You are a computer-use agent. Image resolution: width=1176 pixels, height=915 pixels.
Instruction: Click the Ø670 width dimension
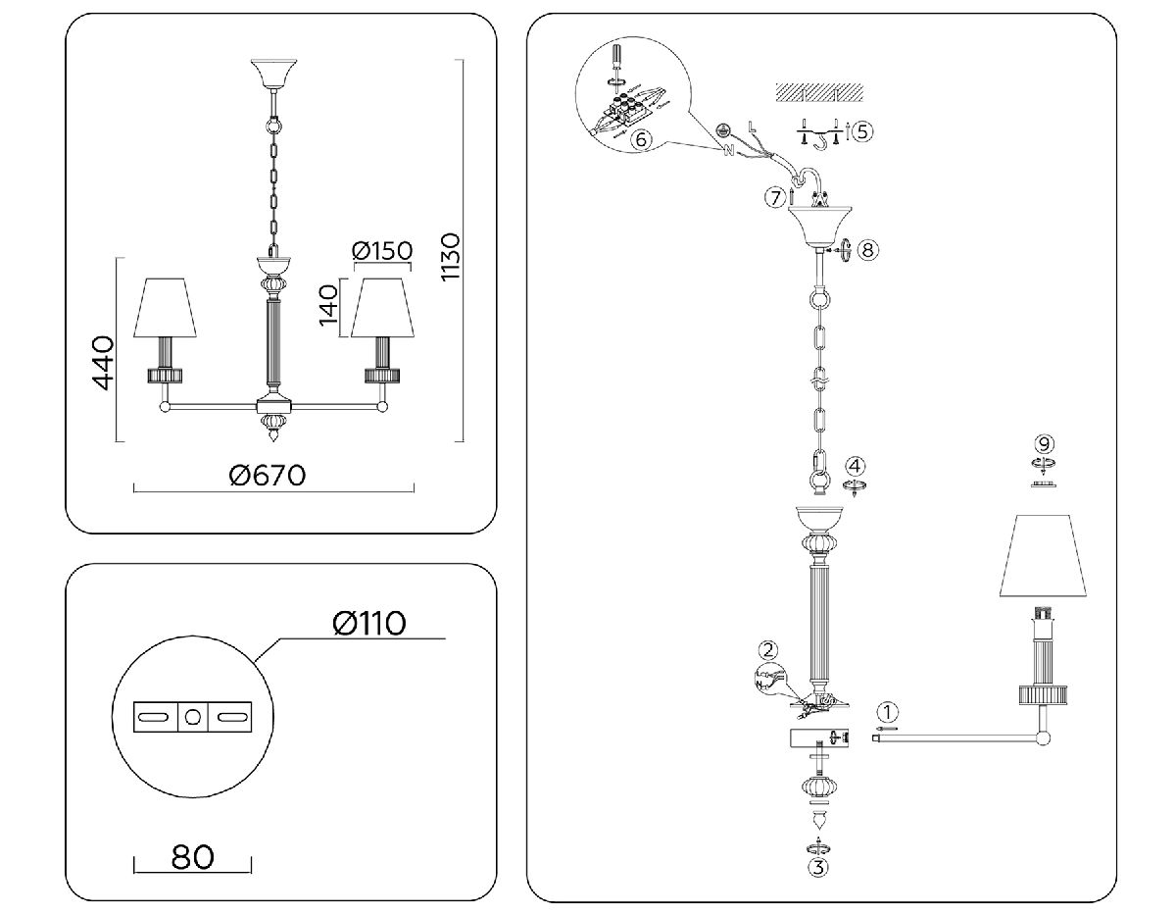click(267, 476)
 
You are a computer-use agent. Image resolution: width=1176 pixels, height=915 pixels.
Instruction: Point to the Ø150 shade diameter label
click(382, 251)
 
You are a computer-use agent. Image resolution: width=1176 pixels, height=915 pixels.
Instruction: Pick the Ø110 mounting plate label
click(368, 623)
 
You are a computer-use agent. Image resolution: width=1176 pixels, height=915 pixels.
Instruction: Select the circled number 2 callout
click(768, 649)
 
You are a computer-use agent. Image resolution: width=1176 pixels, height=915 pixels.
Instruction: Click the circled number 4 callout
click(857, 465)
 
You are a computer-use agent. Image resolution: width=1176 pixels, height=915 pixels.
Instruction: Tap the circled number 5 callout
click(859, 131)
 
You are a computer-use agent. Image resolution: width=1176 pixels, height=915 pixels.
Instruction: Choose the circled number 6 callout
click(641, 140)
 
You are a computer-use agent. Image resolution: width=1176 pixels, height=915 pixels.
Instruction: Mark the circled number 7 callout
click(775, 197)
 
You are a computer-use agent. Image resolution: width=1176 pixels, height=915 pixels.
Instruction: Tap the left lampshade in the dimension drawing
click(167, 306)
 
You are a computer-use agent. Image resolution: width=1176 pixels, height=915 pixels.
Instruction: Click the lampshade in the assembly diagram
click(1046, 554)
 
